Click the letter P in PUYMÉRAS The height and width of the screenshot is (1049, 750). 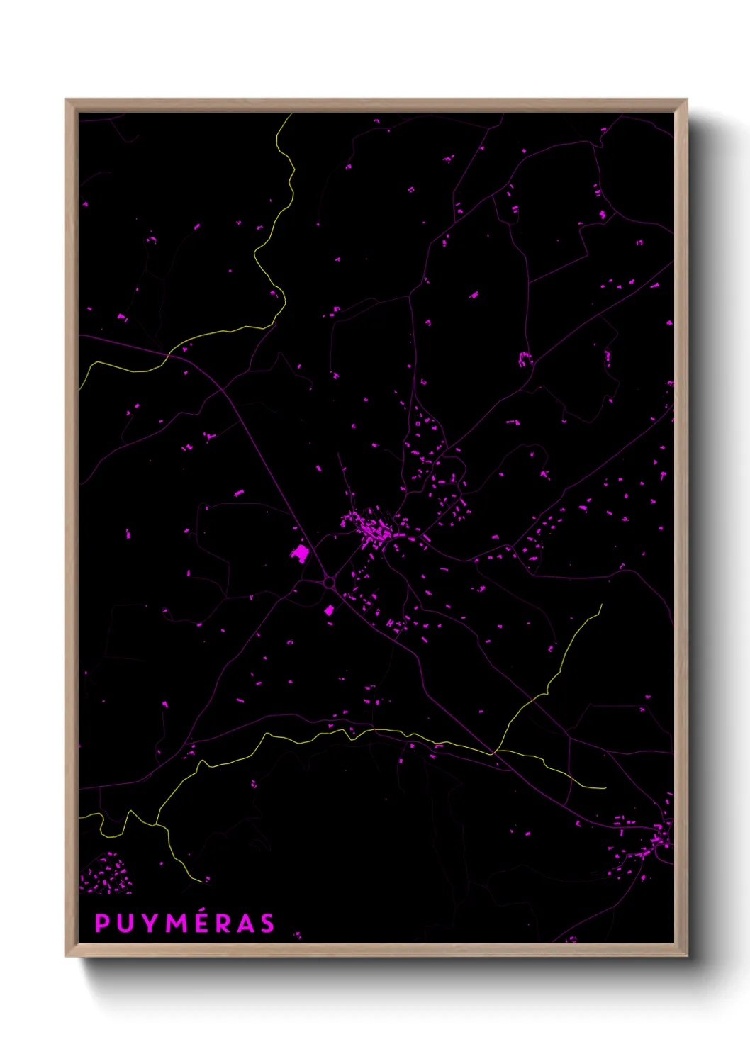pyautogui.click(x=103, y=923)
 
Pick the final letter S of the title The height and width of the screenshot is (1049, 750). pyautogui.click(x=267, y=923)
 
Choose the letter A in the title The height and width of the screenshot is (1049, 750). pyautogui.click(x=245, y=923)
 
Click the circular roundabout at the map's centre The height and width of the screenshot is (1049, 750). pyautogui.click(x=329, y=583)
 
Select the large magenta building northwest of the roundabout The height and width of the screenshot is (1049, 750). pyautogui.click(x=301, y=552)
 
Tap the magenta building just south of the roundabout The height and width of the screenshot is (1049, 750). pyautogui.click(x=329, y=610)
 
